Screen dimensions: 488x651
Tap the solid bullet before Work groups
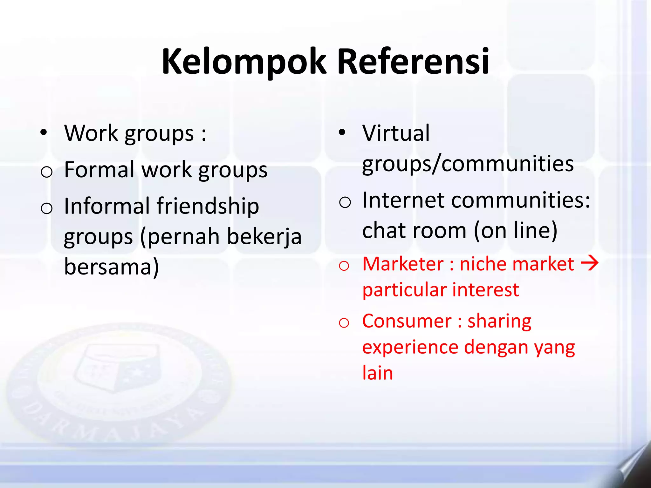(x=44, y=132)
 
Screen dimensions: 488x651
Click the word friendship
(x=208, y=207)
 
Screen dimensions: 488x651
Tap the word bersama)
(x=111, y=267)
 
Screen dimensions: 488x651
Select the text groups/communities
(x=468, y=164)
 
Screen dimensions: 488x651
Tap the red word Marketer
(x=403, y=264)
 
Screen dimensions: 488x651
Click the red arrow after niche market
(x=590, y=263)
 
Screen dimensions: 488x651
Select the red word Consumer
(x=407, y=321)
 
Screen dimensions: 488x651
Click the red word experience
(x=410, y=347)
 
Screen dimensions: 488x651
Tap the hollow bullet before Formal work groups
(x=46, y=172)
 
